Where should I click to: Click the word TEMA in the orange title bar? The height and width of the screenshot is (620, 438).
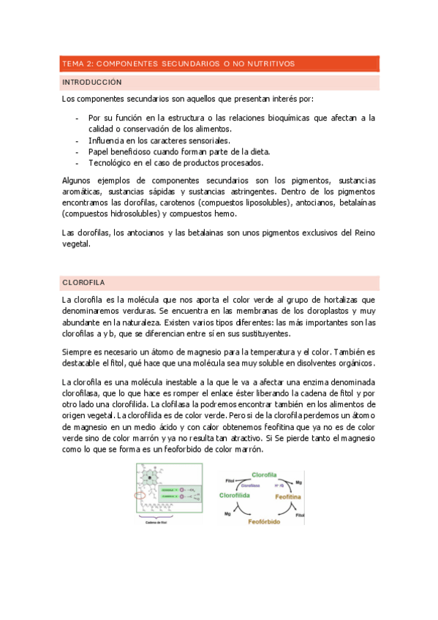(73, 64)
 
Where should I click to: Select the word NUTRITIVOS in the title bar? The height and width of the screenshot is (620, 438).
(270, 64)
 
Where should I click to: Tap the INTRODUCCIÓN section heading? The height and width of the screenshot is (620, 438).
(92, 83)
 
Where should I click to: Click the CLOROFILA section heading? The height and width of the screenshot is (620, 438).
(85, 282)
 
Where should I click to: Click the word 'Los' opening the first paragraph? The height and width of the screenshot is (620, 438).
(69, 98)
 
